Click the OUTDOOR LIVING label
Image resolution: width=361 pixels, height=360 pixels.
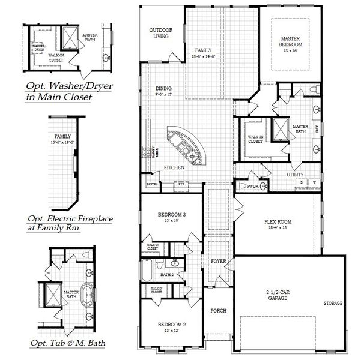159,33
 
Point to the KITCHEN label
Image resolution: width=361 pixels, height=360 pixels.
174,167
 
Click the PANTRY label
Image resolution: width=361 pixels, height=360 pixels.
151,184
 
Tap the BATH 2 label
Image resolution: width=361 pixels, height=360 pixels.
167,275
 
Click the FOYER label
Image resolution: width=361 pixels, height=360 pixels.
217,262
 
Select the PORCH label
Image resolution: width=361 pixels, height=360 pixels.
217,311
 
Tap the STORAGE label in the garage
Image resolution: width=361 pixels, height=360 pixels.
333,303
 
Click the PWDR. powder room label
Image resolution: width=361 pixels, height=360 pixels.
253,187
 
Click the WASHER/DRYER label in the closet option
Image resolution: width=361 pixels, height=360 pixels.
39,47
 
